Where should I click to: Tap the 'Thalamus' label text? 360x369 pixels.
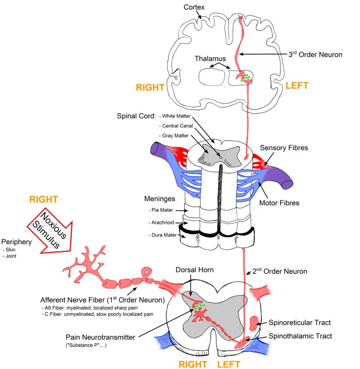pyautogui.click(x=210, y=58)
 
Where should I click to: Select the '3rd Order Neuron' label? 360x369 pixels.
pyautogui.click(x=315, y=54)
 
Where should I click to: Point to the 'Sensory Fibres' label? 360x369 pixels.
pyautogui.click(x=284, y=148)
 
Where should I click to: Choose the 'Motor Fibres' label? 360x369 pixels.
pyautogui.click(x=279, y=203)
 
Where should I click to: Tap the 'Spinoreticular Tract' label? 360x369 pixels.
pyautogui.click(x=300, y=322)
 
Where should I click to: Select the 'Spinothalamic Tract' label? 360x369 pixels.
pyautogui.click(x=300, y=336)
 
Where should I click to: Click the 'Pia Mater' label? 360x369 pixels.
pyautogui.click(x=163, y=210)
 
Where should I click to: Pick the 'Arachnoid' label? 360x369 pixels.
pyautogui.click(x=163, y=223)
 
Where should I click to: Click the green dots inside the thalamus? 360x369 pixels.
pyautogui.click(x=247, y=78)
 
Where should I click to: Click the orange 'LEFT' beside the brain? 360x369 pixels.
pyautogui.click(x=297, y=85)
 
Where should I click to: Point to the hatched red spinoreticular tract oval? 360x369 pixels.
pyautogui.click(x=254, y=322)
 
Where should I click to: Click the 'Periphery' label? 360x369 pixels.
pyautogui.click(x=16, y=242)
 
